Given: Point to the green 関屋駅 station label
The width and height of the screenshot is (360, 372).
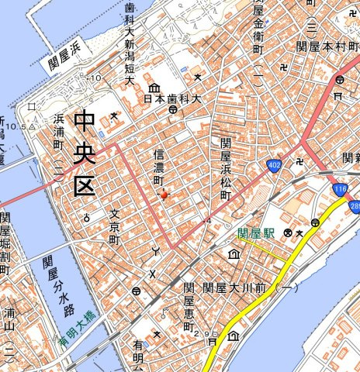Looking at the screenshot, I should pyautogui.click(x=258, y=232).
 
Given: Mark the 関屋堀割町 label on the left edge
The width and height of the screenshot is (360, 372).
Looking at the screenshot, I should pyautogui.click(x=5, y=245).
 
